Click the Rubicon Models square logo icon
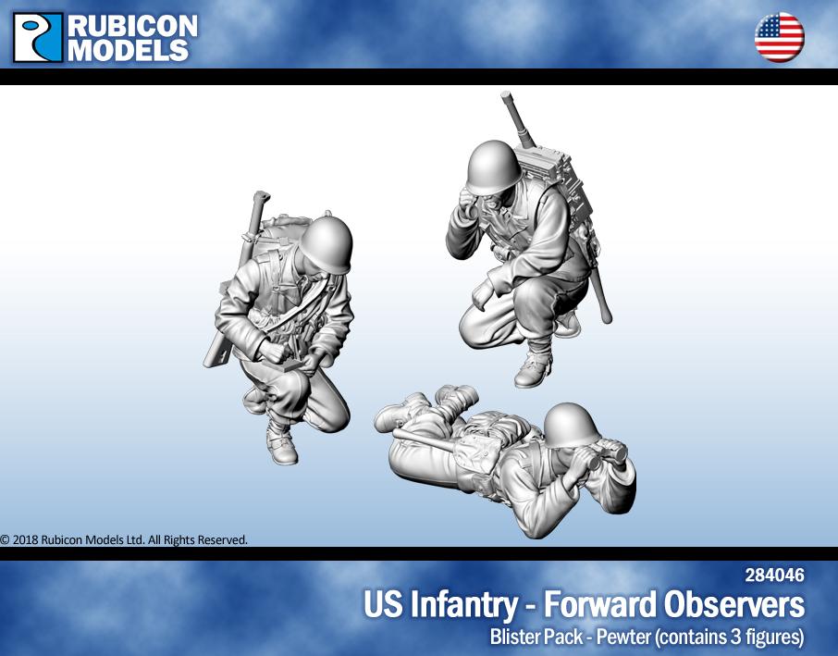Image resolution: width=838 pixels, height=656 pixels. [x=38, y=37]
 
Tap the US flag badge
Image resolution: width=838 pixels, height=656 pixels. [x=779, y=38]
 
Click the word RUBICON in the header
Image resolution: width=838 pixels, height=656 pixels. [x=132, y=26]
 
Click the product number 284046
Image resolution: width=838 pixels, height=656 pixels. [x=774, y=576]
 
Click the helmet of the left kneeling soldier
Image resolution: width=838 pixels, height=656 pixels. [x=327, y=243]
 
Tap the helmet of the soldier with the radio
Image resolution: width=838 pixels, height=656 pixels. [x=491, y=167]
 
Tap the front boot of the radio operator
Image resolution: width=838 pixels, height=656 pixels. [x=534, y=369]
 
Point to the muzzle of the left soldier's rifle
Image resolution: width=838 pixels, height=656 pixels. [x=262, y=197]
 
